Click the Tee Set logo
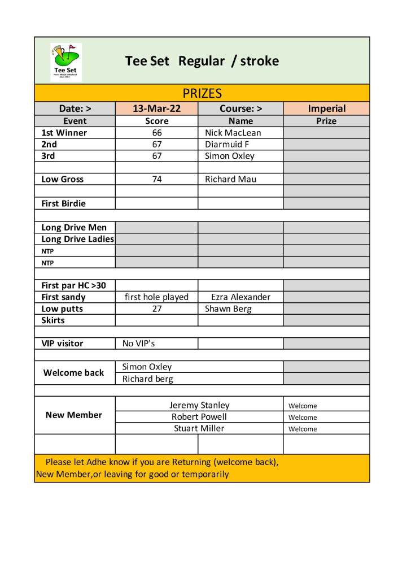point(66,62)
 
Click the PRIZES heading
point(202,93)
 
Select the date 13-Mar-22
point(157,108)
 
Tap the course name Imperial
point(326,108)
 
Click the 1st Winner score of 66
point(157,133)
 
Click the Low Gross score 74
point(157,179)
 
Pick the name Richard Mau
point(230,179)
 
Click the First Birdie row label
point(63,203)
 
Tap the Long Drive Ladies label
point(77,239)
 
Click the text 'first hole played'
point(156,297)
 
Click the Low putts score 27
point(157,309)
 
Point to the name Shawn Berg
point(228,309)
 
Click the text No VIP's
point(138,344)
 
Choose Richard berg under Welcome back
point(148,379)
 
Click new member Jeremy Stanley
point(199,405)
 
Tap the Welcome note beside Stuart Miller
point(303,429)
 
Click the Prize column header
point(326,121)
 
